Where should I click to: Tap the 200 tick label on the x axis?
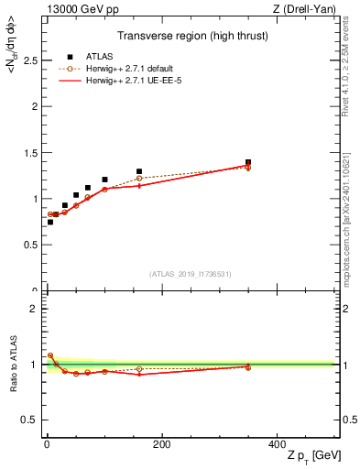tap(161, 444)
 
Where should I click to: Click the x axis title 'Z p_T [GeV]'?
tap(311, 458)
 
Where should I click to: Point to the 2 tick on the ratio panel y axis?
tap(33, 309)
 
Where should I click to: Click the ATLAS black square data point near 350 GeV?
tap(247, 162)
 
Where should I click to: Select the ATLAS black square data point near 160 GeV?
tap(139, 171)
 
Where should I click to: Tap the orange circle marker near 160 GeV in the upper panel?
tap(139, 178)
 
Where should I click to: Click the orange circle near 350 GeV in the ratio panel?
tap(247, 366)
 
